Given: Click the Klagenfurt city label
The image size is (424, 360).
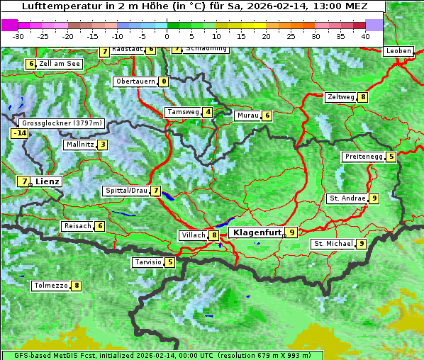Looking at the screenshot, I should pos(255,232).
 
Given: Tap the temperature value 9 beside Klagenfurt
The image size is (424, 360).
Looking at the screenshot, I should pos(291,232).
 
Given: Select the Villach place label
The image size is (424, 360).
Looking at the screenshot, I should pos(193,235).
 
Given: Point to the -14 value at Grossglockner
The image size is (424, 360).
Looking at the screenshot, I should pos(19,133).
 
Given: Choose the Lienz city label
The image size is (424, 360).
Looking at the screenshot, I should pos(48,181).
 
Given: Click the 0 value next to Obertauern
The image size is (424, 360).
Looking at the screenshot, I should pos(164,81).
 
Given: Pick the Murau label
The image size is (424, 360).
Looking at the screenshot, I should pos(247,116).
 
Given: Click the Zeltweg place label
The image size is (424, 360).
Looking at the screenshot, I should pos(340,97).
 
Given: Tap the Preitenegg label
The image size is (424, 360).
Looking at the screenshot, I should pos(364,157).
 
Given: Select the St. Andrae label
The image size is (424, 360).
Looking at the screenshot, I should pos(347,198).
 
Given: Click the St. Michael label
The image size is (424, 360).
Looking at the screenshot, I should pos(333,244).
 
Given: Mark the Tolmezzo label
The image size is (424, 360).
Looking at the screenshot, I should pos(50,286).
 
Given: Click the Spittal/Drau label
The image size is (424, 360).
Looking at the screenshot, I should pos(125,191).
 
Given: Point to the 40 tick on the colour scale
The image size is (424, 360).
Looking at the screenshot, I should pos(365,35).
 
